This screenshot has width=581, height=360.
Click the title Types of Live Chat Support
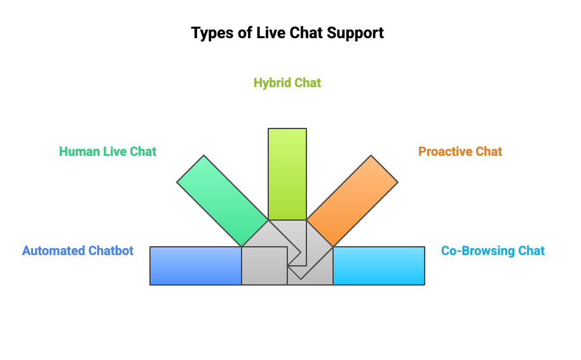click(287, 33)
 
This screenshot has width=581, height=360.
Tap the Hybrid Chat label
click(287, 83)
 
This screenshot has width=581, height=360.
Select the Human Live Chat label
click(107, 151)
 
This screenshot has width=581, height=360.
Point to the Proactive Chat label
click(460, 151)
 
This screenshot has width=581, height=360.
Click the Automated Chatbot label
click(78, 251)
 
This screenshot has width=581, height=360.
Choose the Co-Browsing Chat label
click(493, 251)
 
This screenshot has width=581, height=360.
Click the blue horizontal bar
click(196, 266)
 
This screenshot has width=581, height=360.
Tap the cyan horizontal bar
click(379, 266)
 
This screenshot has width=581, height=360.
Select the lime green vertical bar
click(287, 174)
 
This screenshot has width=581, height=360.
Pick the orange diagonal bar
click(352, 200)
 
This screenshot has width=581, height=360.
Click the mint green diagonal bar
click(222, 200)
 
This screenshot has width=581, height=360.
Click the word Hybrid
click(272, 83)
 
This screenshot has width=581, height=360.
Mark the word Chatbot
click(113, 251)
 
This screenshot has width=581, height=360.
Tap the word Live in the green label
click(115, 151)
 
